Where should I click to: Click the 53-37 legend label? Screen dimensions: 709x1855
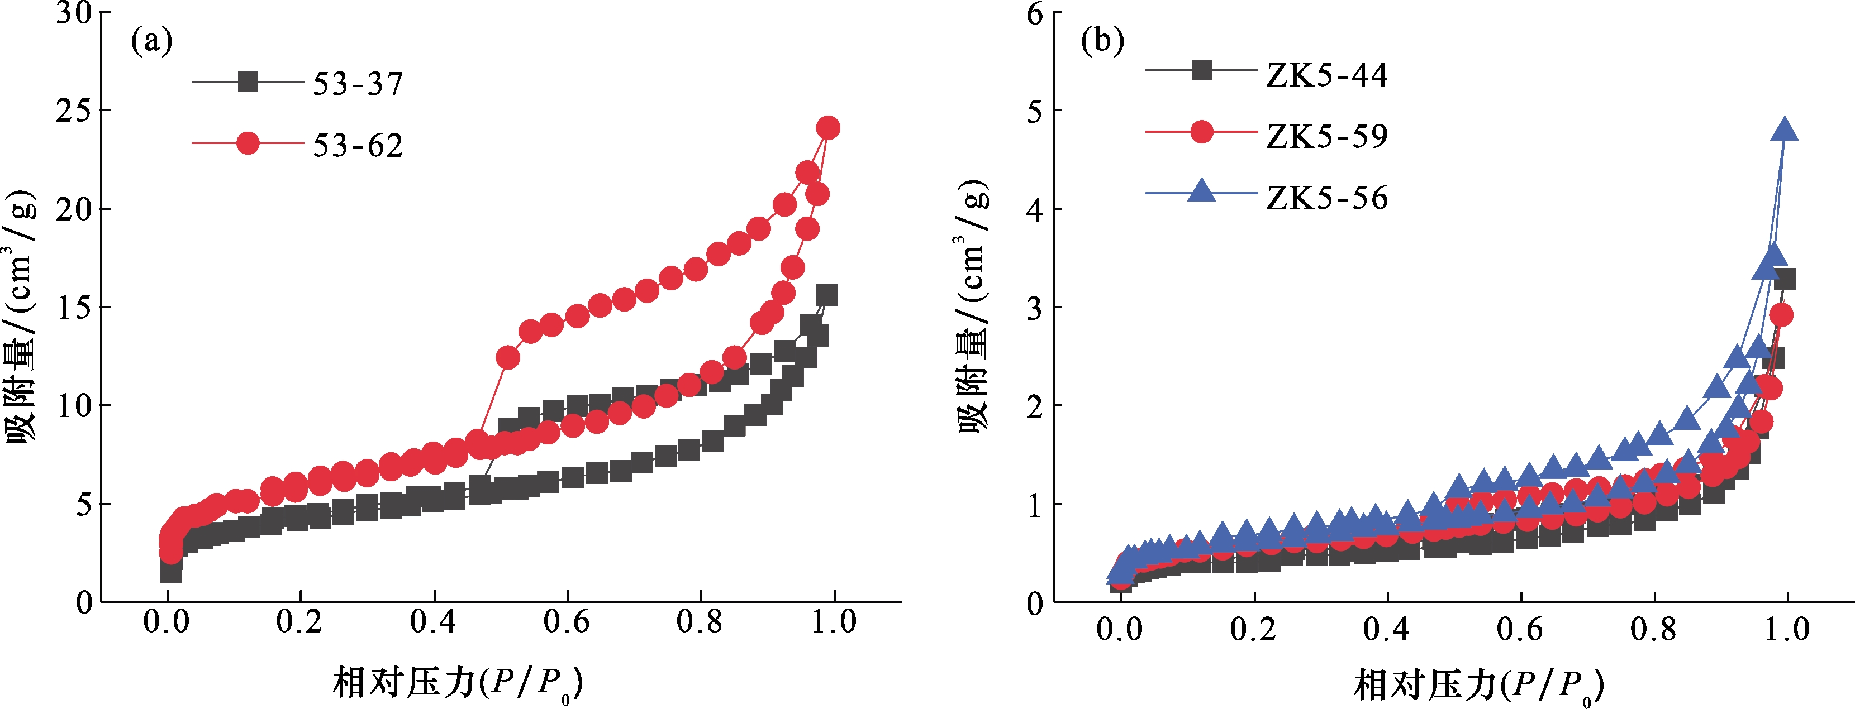coord(358,84)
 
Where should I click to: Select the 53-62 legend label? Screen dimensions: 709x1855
coord(358,146)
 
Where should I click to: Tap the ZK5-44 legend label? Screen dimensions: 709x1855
coord(1326,75)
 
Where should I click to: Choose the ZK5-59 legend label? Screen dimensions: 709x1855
coord(1326,136)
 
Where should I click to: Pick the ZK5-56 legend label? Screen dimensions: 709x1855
coord(1326,198)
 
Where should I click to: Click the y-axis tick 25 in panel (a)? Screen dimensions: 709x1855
coord(74,110)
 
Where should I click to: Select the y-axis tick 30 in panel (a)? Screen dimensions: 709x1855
coord(74,12)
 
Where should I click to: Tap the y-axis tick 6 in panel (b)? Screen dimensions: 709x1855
coord(1035,12)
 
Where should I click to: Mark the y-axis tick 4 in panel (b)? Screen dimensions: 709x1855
coord(1035,209)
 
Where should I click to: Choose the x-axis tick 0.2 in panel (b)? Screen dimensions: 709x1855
coord(1253,629)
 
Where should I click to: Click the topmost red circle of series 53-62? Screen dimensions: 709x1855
coord(828,128)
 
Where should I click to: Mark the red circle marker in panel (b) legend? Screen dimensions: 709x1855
coord(1201,132)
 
